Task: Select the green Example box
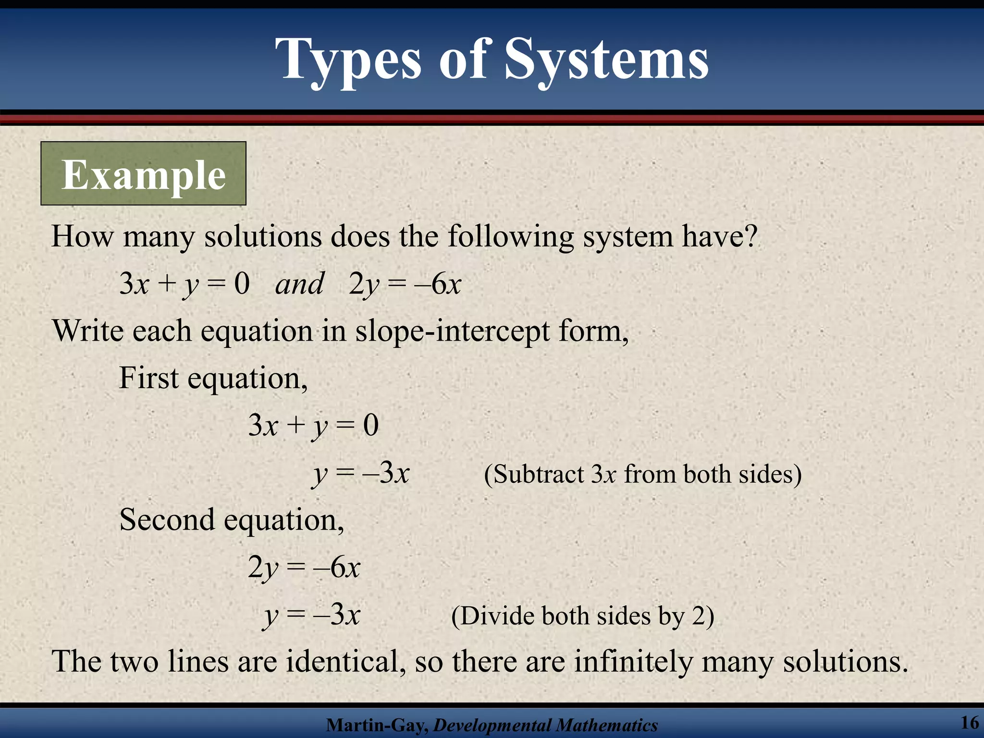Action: point(143,174)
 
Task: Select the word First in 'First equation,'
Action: point(148,378)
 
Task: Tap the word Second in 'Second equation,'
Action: point(167,520)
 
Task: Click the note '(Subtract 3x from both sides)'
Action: point(642,475)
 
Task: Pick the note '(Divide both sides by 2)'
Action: point(582,616)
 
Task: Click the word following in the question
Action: point(511,236)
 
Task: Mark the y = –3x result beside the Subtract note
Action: point(361,474)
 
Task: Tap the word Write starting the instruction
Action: point(87,332)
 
